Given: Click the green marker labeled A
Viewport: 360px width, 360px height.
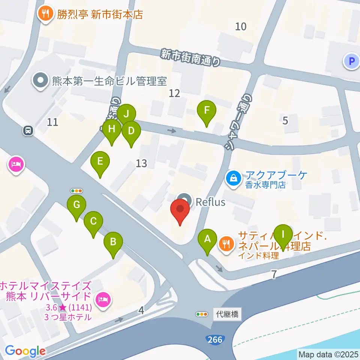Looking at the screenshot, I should click(207, 238).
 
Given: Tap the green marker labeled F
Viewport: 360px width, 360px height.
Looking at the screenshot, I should click(206, 111).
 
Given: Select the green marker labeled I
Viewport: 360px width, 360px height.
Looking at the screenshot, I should click(283, 235).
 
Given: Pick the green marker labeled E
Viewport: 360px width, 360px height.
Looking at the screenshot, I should click(100, 162).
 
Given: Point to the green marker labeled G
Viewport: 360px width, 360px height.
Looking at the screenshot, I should click(76, 205).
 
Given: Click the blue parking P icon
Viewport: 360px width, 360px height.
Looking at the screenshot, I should click(351, 61).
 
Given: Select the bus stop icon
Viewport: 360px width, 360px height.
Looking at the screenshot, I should click(28, 131).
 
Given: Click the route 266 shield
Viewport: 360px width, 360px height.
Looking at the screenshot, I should click(214, 339).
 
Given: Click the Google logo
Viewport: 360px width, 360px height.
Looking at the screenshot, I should click(25, 351).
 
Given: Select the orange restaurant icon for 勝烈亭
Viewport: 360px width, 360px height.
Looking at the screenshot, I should click(46, 14).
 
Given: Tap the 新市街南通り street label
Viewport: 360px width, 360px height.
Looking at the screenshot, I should click(190, 58).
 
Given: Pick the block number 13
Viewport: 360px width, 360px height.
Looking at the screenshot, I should click(141, 163).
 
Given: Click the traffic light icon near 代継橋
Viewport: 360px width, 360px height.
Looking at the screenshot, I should click(202, 314).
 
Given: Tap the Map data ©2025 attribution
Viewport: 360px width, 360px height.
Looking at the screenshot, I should click(328, 354).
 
